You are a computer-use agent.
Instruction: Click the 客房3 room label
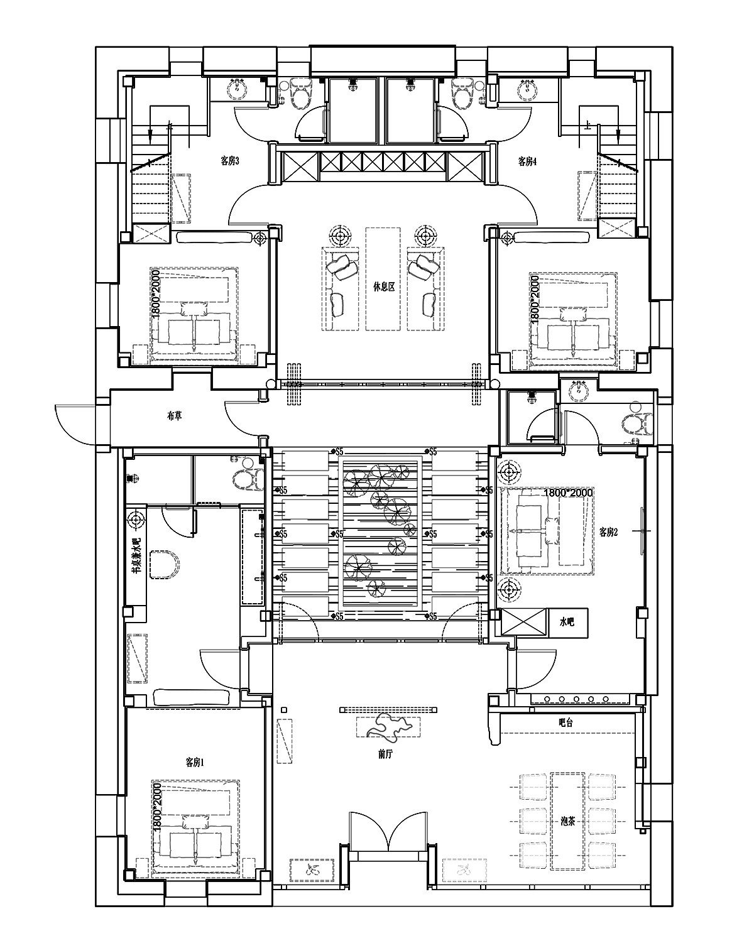229,161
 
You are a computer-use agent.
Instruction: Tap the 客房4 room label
527,161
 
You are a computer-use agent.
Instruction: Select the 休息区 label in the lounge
383,286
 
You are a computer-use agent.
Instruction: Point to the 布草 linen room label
175,415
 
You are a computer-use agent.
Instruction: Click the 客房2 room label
608,532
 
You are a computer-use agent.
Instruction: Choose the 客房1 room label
195,762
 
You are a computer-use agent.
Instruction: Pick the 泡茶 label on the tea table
567,820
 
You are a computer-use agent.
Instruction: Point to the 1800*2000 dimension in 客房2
569,493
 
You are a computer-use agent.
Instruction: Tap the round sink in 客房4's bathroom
526,90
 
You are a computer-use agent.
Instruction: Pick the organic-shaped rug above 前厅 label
388,727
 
